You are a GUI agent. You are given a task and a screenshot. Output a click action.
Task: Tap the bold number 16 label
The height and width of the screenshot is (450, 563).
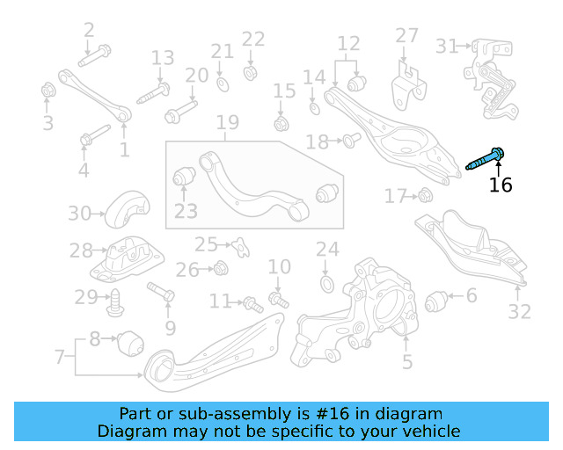pyautogui.click(x=501, y=185)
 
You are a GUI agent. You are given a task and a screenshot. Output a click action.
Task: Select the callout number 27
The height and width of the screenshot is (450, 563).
pyautogui.click(x=406, y=35)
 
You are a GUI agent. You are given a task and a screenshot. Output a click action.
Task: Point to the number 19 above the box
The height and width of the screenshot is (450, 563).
pyautogui.click(x=228, y=122)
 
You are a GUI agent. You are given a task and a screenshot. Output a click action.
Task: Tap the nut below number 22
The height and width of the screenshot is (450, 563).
pyautogui.click(x=251, y=70)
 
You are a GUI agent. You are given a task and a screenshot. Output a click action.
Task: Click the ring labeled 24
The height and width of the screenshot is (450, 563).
pyautogui.click(x=325, y=283)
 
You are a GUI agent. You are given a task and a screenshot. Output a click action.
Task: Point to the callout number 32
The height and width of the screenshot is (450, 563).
pyautogui.click(x=520, y=311)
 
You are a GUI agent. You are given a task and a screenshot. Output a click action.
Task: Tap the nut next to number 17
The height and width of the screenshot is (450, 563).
pyautogui.click(x=424, y=195)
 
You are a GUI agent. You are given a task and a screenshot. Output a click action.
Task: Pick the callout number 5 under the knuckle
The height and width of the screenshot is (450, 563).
pyautogui.click(x=406, y=361)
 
